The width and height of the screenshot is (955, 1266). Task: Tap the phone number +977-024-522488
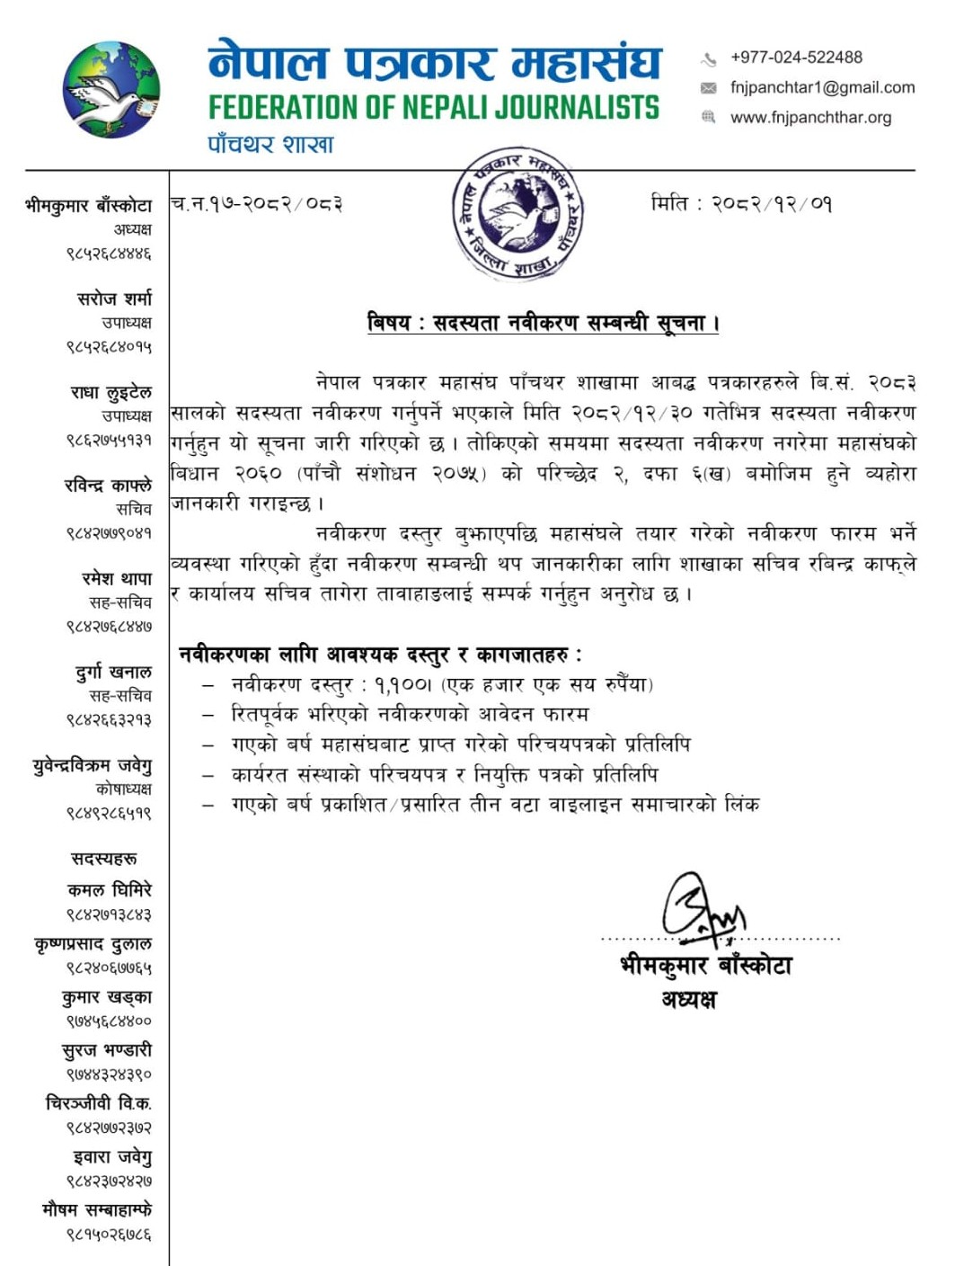point(796,58)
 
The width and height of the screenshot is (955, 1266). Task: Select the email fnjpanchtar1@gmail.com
point(822,87)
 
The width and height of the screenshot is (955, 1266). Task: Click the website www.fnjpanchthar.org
point(810,118)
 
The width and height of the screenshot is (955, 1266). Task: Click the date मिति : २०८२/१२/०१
point(742,203)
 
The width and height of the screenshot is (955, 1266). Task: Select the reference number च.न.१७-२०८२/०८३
point(257,204)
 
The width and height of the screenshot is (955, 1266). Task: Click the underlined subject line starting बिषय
point(544,323)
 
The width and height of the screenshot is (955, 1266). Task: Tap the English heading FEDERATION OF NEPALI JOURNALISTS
point(434,108)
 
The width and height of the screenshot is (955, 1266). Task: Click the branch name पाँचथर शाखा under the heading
point(270,145)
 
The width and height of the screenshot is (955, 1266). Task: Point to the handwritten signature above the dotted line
point(703,908)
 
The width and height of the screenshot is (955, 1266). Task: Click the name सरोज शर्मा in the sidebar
point(114,298)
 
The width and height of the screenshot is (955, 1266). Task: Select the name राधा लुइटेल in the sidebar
point(111,392)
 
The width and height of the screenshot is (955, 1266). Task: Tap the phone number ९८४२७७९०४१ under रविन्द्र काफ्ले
point(109,533)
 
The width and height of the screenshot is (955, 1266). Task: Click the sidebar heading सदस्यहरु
point(104,859)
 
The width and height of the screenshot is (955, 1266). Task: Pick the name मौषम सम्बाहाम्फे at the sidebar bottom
point(97,1209)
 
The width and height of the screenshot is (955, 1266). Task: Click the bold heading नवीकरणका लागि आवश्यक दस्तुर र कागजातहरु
point(380,655)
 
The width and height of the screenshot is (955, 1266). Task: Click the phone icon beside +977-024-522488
point(709,59)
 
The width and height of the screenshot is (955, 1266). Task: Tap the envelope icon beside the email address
point(709,88)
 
